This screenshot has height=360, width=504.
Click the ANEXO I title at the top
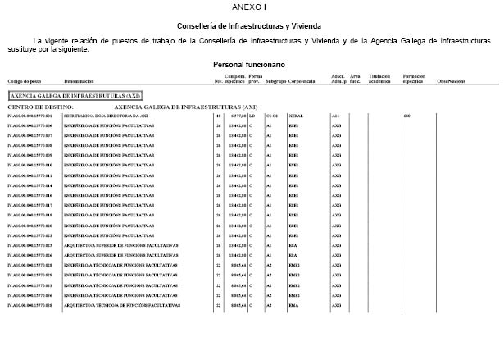(249, 7)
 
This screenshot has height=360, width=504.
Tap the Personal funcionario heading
(249, 64)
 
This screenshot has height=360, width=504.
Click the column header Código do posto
(25, 82)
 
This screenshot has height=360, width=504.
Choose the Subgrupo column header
(276, 82)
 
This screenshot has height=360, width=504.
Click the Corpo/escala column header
(302, 82)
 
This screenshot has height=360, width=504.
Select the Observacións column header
(452, 82)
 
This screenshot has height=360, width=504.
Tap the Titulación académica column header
(379, 80)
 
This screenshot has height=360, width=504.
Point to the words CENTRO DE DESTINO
(41, 107)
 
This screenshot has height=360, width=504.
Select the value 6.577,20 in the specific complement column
(236, 116)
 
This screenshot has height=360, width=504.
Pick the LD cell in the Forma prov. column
(252, 116)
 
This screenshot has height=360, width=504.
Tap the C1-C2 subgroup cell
(273, 116)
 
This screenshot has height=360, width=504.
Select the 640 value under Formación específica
(406, 116)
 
